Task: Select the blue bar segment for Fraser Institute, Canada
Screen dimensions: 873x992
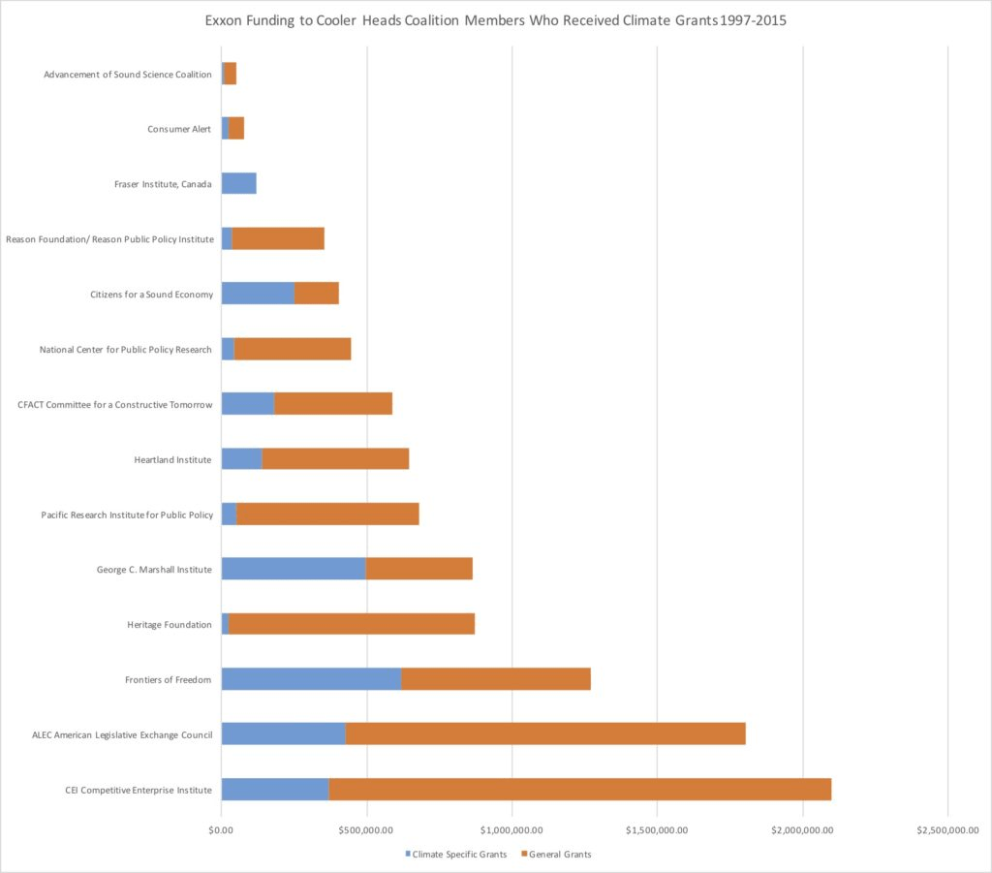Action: [x=238, y=183]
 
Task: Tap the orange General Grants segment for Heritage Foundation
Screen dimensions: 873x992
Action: [x=351, y=624]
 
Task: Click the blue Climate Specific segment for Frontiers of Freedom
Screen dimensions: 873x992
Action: [x=311, y=679]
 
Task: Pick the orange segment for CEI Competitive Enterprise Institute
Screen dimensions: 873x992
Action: [x=579, y=789]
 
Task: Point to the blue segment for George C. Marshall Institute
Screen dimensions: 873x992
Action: [x=294, y=569]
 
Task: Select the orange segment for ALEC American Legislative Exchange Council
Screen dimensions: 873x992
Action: [x=545, y=733]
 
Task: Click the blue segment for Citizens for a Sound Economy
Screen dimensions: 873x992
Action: [x=258, y=294]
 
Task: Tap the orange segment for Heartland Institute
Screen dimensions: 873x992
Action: [x=335, y=458]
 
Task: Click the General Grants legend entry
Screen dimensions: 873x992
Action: [x=556, y=854]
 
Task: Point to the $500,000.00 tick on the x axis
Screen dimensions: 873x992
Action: [x=366, y=829]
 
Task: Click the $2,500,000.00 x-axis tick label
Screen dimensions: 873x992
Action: [x=946, y=829]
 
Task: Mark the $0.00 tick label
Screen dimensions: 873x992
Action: [x=222, y=829]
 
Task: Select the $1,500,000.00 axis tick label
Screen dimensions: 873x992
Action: [x=657, y=829]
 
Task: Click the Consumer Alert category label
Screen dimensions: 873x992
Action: [x=179, y=129]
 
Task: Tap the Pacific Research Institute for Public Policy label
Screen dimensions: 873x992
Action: [x=127, y=514]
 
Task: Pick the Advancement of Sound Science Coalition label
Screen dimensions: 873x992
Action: [x=128, y=75]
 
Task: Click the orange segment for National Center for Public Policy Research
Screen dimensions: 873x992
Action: [x=293, y=349]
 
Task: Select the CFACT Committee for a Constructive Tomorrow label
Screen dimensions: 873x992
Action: [x=115, y=404]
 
